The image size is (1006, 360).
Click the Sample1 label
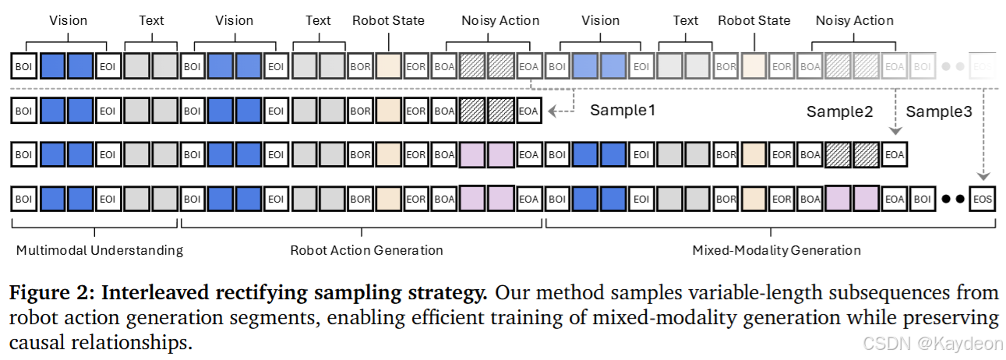622,110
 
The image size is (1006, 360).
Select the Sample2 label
839,111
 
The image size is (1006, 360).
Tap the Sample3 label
938,111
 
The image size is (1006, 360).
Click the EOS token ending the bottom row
983,199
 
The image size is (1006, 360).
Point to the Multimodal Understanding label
99,250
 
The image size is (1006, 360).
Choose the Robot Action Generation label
366,250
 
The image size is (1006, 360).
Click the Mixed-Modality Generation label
776,250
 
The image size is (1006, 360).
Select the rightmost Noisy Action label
854,20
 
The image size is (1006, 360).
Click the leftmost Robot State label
388,20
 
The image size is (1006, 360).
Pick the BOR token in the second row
360,111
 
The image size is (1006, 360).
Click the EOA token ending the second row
528,111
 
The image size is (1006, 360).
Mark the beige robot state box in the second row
388,111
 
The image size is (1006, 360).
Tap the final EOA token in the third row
894,155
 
